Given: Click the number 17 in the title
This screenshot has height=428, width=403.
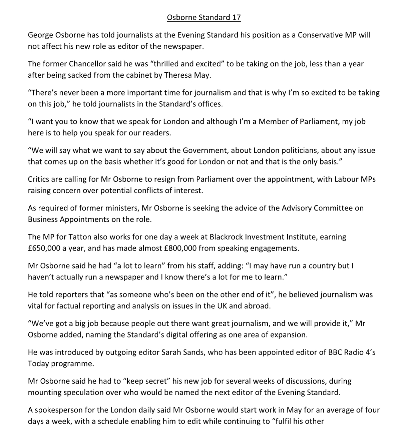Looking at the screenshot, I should point(236,17).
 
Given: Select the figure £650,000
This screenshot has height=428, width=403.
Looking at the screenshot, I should point(44,248).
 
